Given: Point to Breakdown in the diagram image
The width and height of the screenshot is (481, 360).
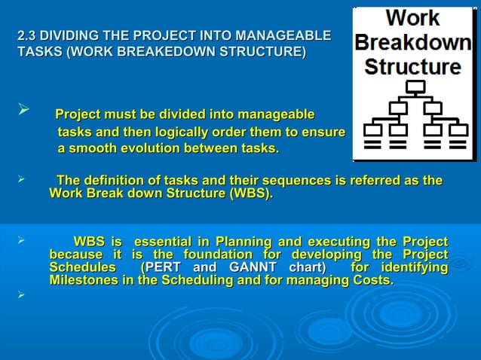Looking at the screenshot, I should [413, 42].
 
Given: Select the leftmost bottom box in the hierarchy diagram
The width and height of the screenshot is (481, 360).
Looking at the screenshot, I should [372, 129].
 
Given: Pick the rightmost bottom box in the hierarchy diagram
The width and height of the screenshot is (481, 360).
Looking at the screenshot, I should [458, 129].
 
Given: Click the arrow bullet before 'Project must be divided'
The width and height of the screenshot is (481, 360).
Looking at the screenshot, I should [23, 112].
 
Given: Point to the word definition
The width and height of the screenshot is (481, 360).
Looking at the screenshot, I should [116, 181].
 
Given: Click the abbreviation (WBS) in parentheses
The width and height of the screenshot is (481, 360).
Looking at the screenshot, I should [250, 194].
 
